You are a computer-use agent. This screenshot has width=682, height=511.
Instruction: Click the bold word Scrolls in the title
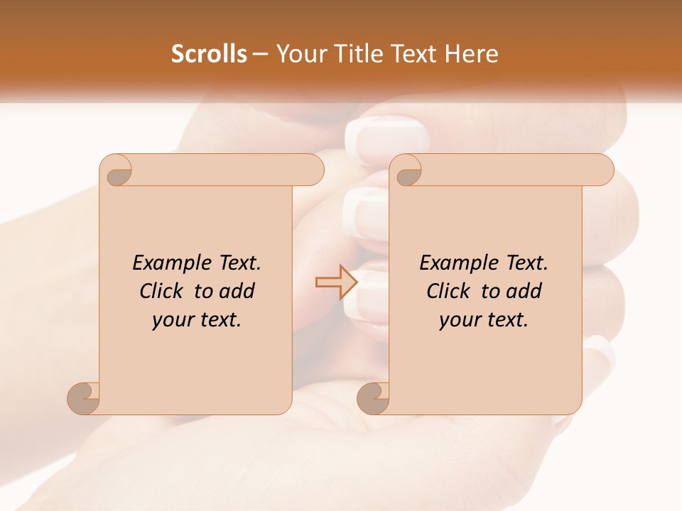coord(209,53)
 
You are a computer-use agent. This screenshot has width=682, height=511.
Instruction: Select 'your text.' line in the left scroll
coord(197,320)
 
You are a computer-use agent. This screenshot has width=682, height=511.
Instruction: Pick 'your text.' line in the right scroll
coord(484,320)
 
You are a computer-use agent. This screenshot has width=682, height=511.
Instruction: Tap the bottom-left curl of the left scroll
coord(84,398)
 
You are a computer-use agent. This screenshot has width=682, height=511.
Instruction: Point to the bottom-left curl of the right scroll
coord(373,398)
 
